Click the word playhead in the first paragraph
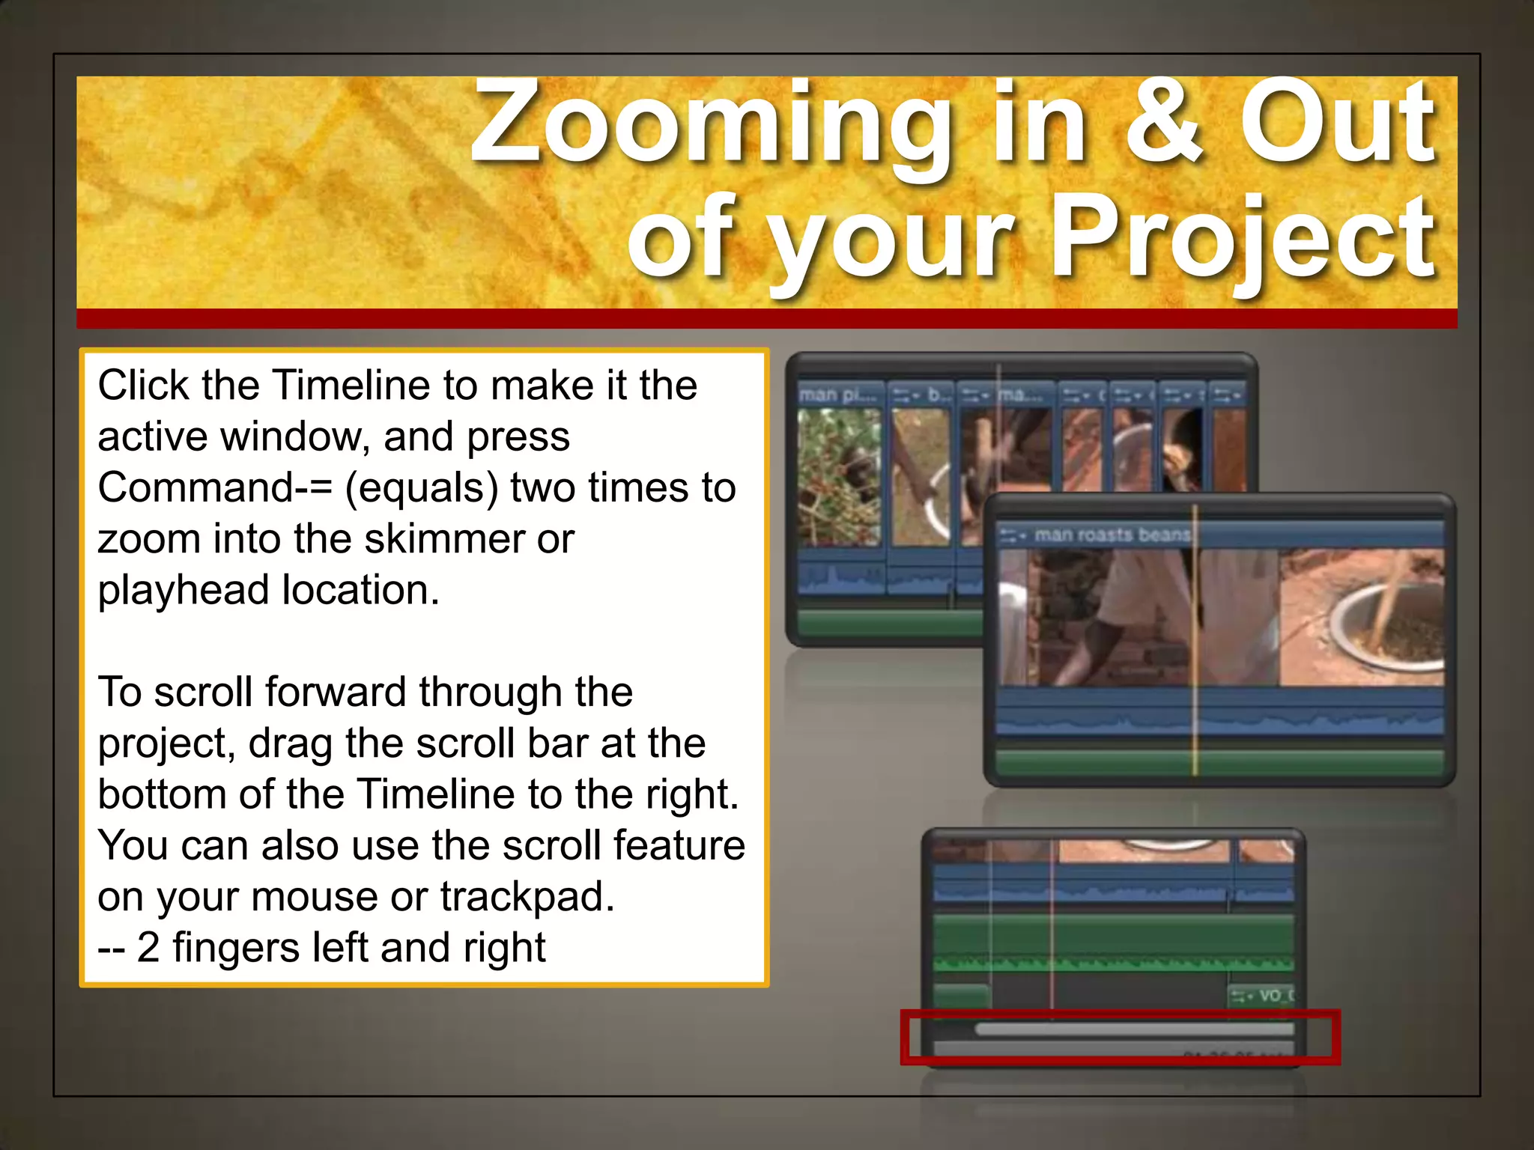tap(183, 591)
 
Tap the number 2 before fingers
tap(148, 947)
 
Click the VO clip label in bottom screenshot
tap(1270, 996)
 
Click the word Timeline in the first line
tap(351, 386)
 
